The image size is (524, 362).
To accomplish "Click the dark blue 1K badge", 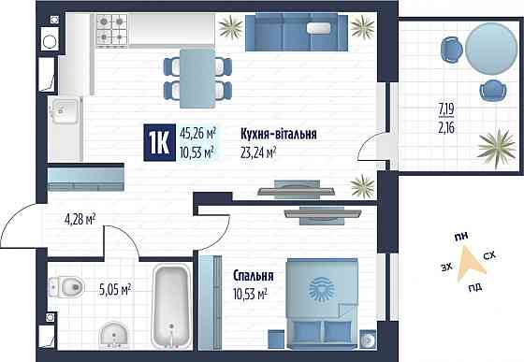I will (x=159, y=142).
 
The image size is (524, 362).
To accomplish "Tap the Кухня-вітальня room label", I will (x=278, y=135).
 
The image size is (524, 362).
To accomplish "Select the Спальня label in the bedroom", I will (x=254, y=277).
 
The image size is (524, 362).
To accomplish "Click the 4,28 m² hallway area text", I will (x=81, y=221).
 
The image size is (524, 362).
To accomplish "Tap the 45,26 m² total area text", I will (x=197, y=133).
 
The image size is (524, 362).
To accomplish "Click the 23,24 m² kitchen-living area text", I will (x=260, y=152).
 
